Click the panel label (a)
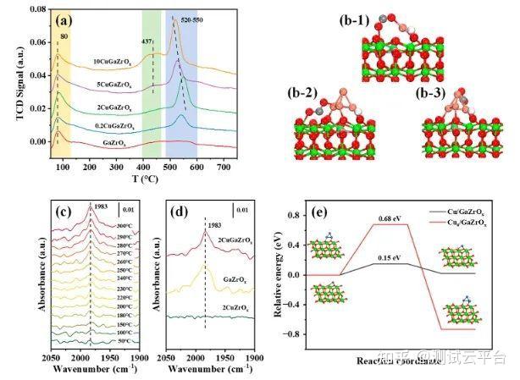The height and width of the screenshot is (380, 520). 68,19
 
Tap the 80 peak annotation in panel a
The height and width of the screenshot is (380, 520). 64,36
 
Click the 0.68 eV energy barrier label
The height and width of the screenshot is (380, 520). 388,218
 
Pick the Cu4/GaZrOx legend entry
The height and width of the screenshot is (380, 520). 479,218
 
